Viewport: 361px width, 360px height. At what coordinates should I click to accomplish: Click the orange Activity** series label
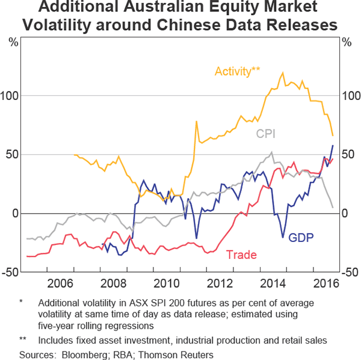click(237, 71)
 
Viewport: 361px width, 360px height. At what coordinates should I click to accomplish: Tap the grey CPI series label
click(265, 134)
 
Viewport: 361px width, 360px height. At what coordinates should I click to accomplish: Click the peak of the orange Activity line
click(283, 73)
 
